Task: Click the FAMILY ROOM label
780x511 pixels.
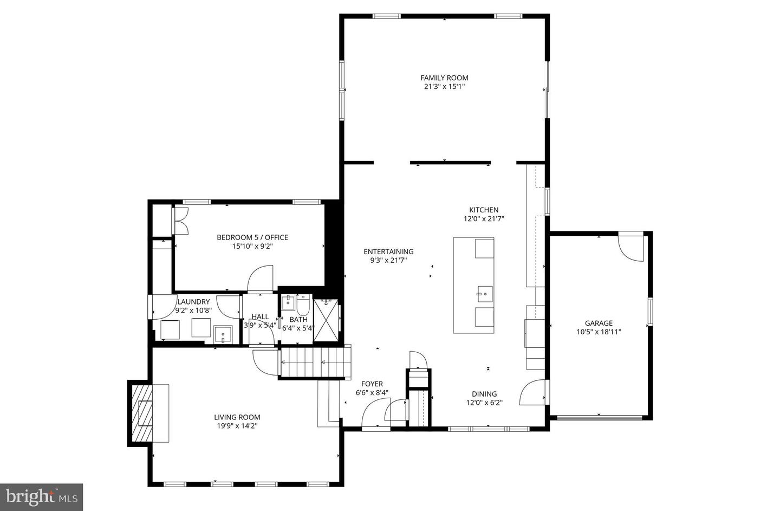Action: (444, 78)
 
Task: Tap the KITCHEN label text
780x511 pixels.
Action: (483, 210)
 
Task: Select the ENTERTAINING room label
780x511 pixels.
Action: (388, 251)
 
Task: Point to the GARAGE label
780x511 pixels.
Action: (599, 323)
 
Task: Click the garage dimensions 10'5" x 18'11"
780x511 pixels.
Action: (599, 332)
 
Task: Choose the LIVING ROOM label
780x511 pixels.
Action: (237, 417)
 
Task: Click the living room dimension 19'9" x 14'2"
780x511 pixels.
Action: (237, 426)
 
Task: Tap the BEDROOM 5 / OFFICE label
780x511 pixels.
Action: (252, 237)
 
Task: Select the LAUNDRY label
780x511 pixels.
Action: (193, 302)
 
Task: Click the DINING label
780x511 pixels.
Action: (484, 394)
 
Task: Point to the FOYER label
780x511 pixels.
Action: (372, 384)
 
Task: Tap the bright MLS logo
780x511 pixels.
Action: (42, 497)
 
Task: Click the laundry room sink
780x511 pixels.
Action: (223, 334)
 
